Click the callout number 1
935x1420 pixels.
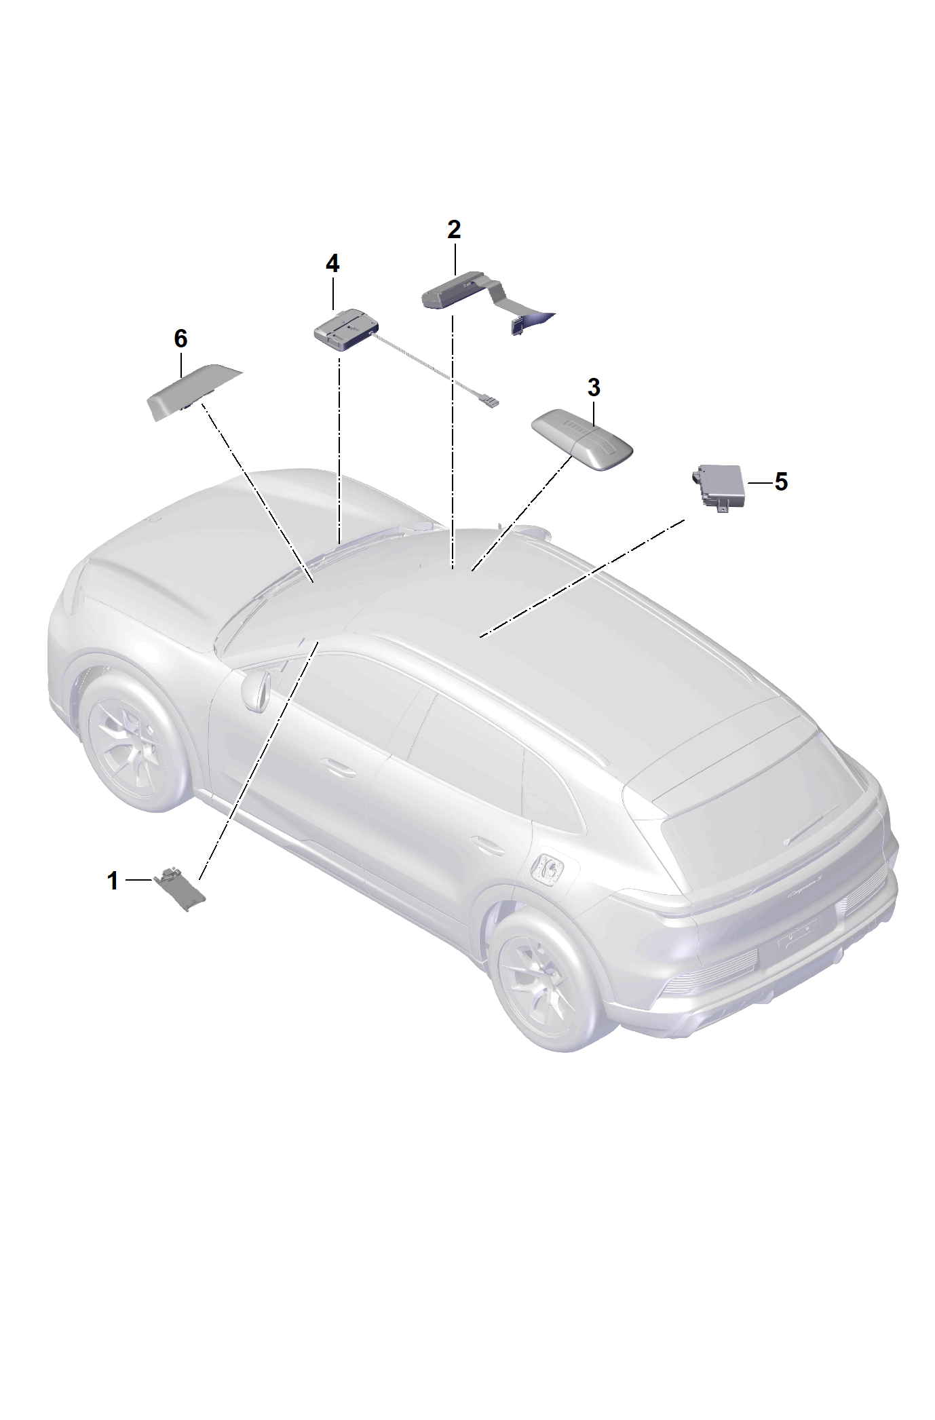coord(113,881)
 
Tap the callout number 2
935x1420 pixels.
coord(454,229)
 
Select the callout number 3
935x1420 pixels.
coord(594,388)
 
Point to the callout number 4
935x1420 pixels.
coord(332,263)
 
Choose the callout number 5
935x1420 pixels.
coord(781,482)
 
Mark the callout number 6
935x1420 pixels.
coord(180,338)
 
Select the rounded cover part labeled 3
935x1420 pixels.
coord(582,440)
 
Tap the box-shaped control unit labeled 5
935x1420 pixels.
coord(717,486)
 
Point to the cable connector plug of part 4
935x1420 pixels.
coord(489,402)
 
